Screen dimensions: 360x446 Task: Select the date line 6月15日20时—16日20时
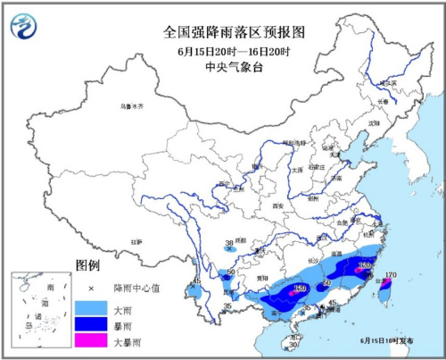click(x=235, y=49)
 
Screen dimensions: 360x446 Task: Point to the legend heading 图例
click(x=87, y=266)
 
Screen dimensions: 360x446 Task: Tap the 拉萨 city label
click(x=136, y=241)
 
